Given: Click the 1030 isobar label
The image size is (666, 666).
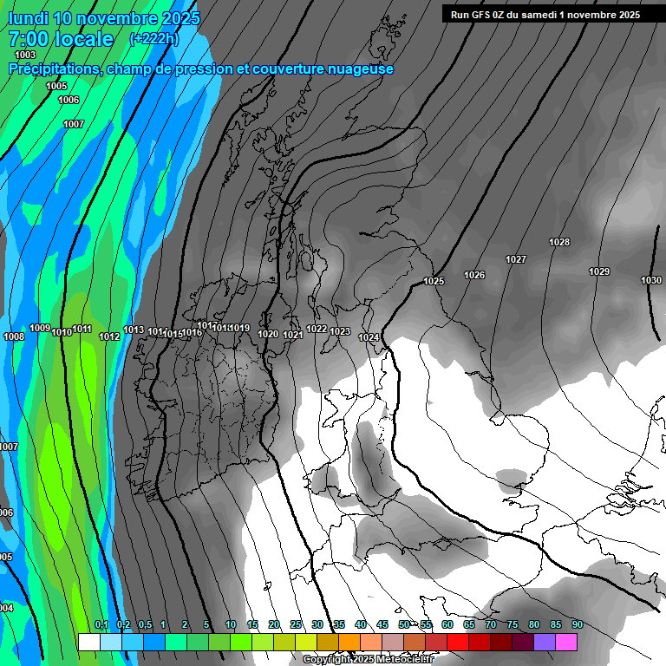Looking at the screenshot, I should [x=651, y=280].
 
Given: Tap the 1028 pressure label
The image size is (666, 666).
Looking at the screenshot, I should [x=559, y=242].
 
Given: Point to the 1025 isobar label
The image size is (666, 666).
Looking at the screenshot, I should [x=434, y=281].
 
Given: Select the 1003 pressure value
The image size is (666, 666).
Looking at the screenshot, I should [x=26, y=55].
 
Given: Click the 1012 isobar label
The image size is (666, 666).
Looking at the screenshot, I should [x=109, y=336].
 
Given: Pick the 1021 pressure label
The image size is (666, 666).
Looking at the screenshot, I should [x=292, y=335].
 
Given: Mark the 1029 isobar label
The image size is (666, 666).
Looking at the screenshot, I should [x=599, y=271].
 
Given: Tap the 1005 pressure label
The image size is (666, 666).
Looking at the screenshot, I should [x=56, y=86].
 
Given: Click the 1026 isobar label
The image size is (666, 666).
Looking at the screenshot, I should [x=474, y=275].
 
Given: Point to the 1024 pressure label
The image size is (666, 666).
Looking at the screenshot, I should [x=369, y=337].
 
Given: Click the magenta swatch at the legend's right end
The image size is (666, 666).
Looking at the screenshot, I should [x=566, y=642].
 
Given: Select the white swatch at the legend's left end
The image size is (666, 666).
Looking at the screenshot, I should [x=88, y=642].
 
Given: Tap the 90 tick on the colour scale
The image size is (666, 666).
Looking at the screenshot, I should [x=577, y=625].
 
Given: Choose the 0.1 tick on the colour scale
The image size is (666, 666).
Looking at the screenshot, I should [x=101, y=625].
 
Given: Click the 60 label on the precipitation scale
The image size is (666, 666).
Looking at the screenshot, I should [x=447, y=625].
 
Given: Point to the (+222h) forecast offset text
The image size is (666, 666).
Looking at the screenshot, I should [x=153, y=39].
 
